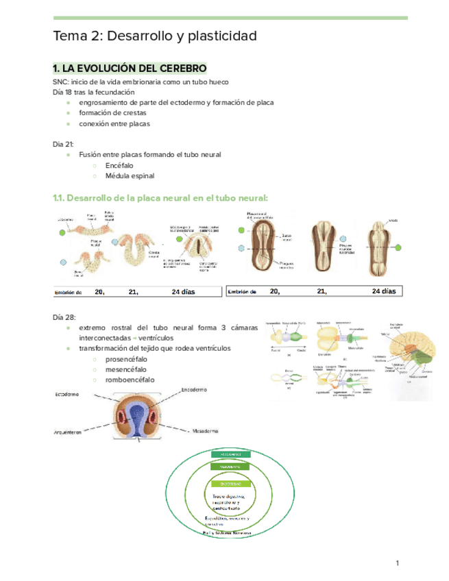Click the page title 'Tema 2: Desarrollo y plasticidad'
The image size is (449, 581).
pos(155,36)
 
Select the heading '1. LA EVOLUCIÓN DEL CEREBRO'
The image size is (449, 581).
pos(130,69)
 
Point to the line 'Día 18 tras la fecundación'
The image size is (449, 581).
pos(94,92)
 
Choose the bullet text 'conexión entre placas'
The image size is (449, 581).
pos(114,124)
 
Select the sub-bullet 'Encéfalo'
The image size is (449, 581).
pos(119,165)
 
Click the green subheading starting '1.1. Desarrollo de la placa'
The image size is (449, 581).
pos(160,198)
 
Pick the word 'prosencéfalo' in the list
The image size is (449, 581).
pos(127,359)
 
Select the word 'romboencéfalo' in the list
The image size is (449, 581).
pos(130,380)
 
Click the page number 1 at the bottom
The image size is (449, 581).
pos(396,563)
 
